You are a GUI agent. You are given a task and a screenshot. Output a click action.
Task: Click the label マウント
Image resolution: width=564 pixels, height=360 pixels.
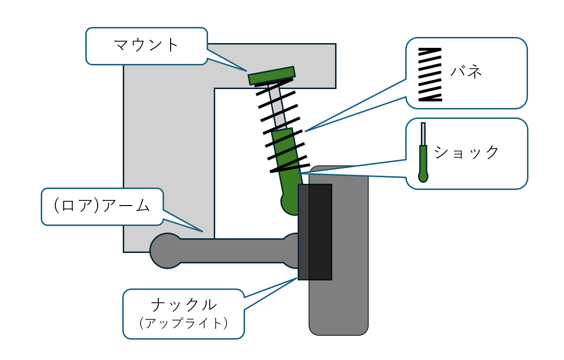pos(146,45)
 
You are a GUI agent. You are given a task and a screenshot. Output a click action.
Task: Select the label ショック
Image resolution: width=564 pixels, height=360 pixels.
pos(467,153)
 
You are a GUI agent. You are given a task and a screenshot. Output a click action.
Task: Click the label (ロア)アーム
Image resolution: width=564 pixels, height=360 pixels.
pos(102,206)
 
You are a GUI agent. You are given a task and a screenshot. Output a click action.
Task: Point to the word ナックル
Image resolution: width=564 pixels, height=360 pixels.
pos(183,304)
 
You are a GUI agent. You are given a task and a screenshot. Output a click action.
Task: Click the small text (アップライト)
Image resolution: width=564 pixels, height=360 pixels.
pos(183,323)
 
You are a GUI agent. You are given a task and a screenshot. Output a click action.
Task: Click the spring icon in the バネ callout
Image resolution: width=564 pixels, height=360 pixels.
pos(430,74)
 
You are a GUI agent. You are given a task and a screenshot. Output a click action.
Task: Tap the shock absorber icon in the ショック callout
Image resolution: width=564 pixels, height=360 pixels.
pos(423,154)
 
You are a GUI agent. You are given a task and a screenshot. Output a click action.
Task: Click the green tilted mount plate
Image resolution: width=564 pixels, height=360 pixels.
pos(272,76)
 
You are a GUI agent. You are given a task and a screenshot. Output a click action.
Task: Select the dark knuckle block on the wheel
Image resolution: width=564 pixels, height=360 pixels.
pos(315,232)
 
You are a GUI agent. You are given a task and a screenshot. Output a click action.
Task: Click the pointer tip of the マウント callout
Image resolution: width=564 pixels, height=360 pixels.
pos(247,71)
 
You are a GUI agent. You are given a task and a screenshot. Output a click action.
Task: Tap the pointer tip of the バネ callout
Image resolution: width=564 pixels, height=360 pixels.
pos(305,131)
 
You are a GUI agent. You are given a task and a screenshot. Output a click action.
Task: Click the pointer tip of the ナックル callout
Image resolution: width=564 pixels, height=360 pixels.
pos(298,278)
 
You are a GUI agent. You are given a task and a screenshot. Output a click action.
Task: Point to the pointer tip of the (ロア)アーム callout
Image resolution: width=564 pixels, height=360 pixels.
pos(203,231)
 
